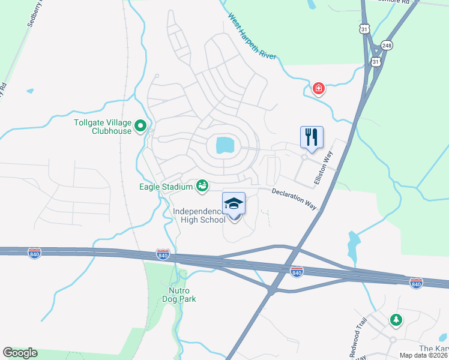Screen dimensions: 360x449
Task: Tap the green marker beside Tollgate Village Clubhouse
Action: click(x=140, y=126)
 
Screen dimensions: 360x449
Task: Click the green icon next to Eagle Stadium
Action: click(x=202, y=186)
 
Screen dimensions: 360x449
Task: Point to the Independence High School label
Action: click(x=199, y=215)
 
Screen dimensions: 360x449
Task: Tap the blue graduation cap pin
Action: click(x=234, y=204)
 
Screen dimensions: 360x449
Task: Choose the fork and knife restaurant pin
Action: click(x=312, y=137)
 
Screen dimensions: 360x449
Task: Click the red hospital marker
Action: click(x=318, y=89)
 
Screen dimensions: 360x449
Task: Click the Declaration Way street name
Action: click(x=294, y=199)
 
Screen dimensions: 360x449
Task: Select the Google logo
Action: click(x=20, y=353)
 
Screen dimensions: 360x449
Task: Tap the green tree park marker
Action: click(x=395, y=320)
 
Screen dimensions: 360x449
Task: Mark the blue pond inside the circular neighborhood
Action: click(x=224, y=145)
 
